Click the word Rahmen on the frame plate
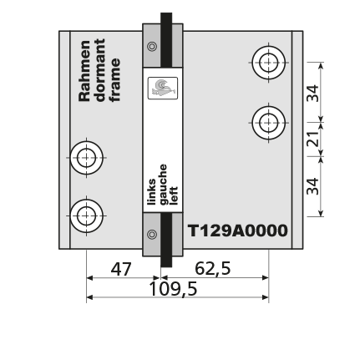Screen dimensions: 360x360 [x=84, y=71]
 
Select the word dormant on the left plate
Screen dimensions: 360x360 [x=99, y=70]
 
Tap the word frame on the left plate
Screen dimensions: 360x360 [x=114, y=80]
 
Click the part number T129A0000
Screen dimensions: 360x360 [x=238, y=231]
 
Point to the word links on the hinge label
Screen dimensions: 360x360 [x=151, y=192]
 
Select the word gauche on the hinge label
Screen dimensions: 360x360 [x=163, y=185]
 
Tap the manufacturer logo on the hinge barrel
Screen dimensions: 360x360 [x=163, y=88]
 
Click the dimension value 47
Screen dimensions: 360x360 [x=121, y=269]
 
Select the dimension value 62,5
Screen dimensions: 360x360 [x=213, y=269]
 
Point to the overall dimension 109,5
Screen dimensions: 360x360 [x=173, y=289]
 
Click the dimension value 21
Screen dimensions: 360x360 [x=312, y=139]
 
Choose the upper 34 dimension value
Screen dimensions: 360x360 [x=312, y=93]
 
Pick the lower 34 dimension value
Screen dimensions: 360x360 [x=312, y=186]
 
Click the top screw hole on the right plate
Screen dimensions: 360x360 [x=269, y=63]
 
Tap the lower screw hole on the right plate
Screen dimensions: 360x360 [x=269, y=123]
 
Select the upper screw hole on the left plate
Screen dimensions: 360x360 [x=87, y=158]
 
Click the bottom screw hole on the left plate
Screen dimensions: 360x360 [x=87, y=215]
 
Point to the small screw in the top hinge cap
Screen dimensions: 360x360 [x=152, y=46]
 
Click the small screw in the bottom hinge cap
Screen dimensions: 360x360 [x=152, y=235]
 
